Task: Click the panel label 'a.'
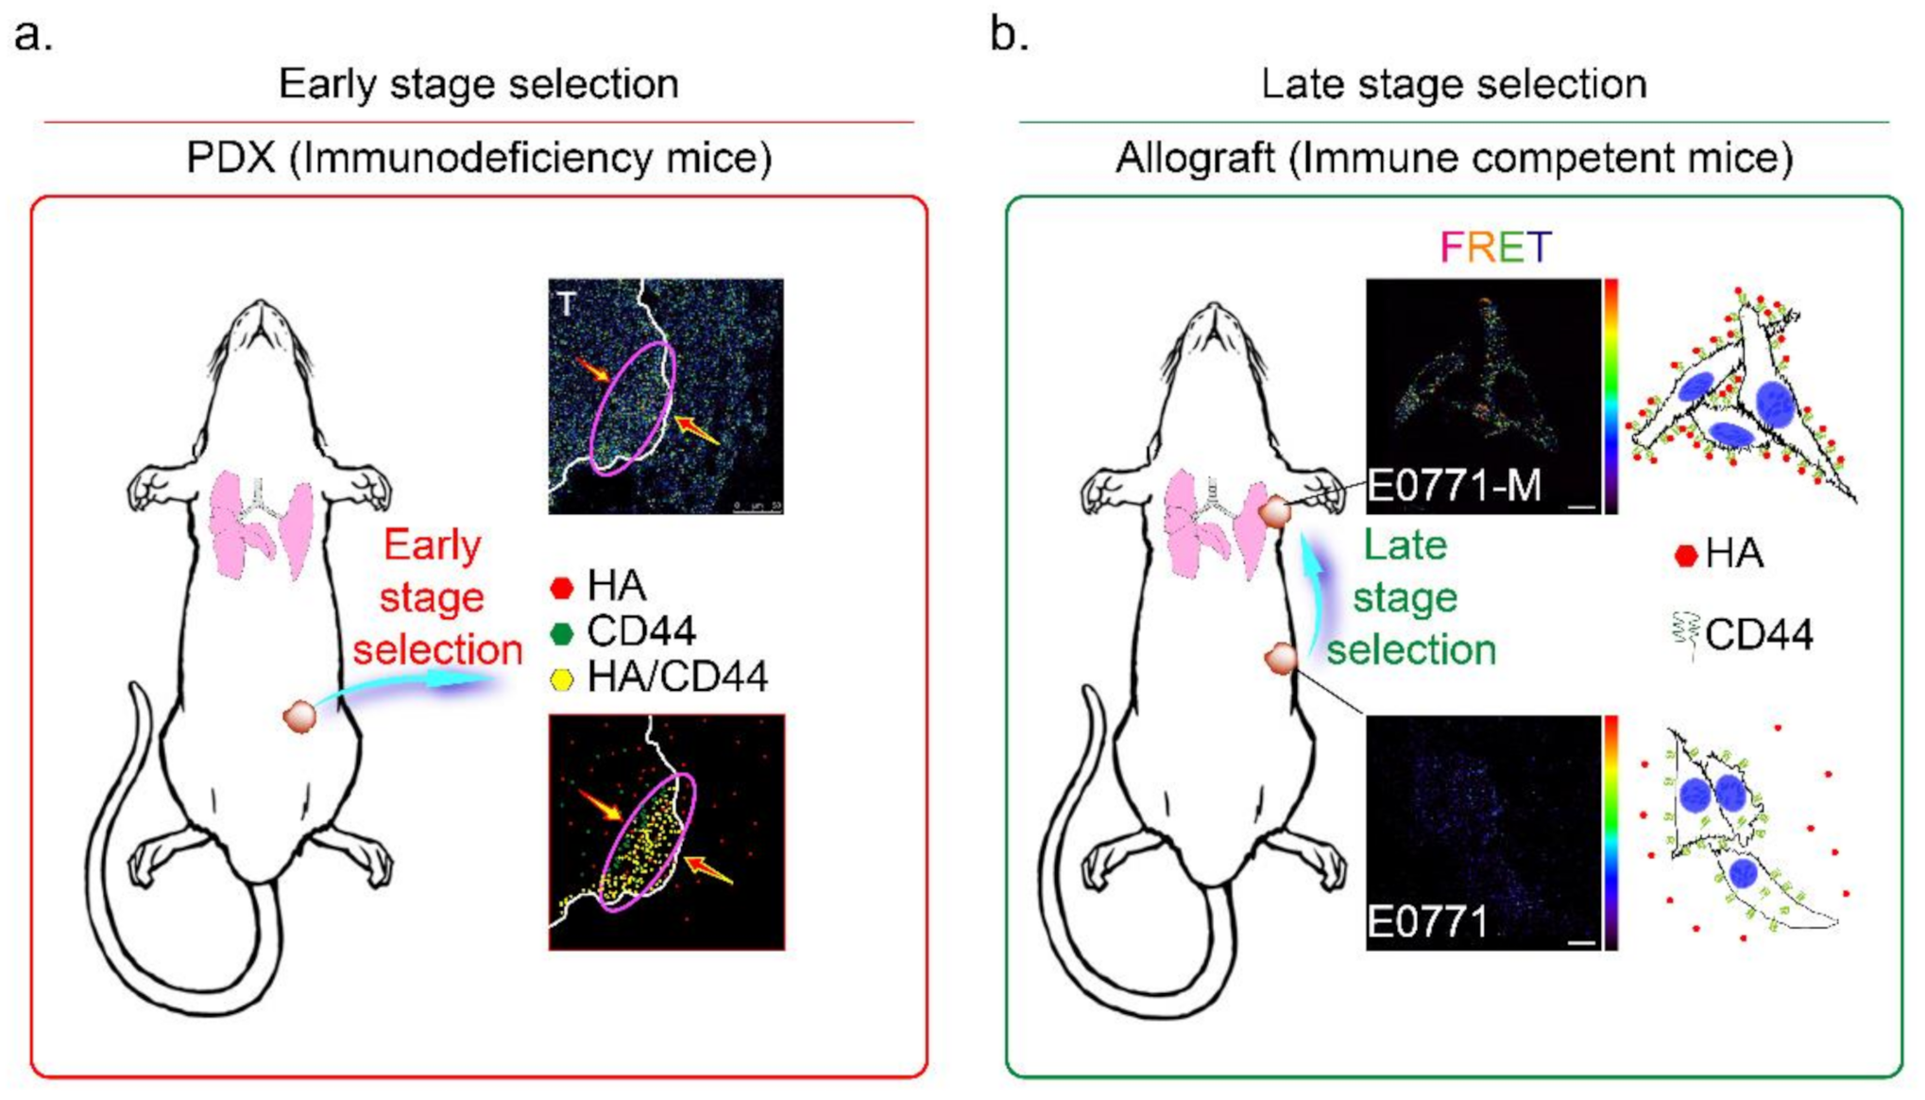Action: (33, 36)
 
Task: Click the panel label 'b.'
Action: (1009, 36)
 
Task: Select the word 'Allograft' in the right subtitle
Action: (1195, 158)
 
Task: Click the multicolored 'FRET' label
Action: (1495, 248)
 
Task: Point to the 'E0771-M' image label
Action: (1455, 486)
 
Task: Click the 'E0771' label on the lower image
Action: (1427, 921)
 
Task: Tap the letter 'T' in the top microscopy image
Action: (567, 304)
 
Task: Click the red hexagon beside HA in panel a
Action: (562, 588)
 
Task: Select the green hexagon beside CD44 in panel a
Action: (562, 633)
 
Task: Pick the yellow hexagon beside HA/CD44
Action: (562, 679)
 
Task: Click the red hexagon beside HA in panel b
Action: (1686, 556)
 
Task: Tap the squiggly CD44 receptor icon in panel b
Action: (1685, 633)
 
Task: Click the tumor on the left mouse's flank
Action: (299, 716)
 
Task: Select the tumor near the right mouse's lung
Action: (1275, 512)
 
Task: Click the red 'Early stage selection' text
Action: (434, 597)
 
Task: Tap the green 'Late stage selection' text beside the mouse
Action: (1409, 597)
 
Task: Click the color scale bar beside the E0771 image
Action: (1611, 832)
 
